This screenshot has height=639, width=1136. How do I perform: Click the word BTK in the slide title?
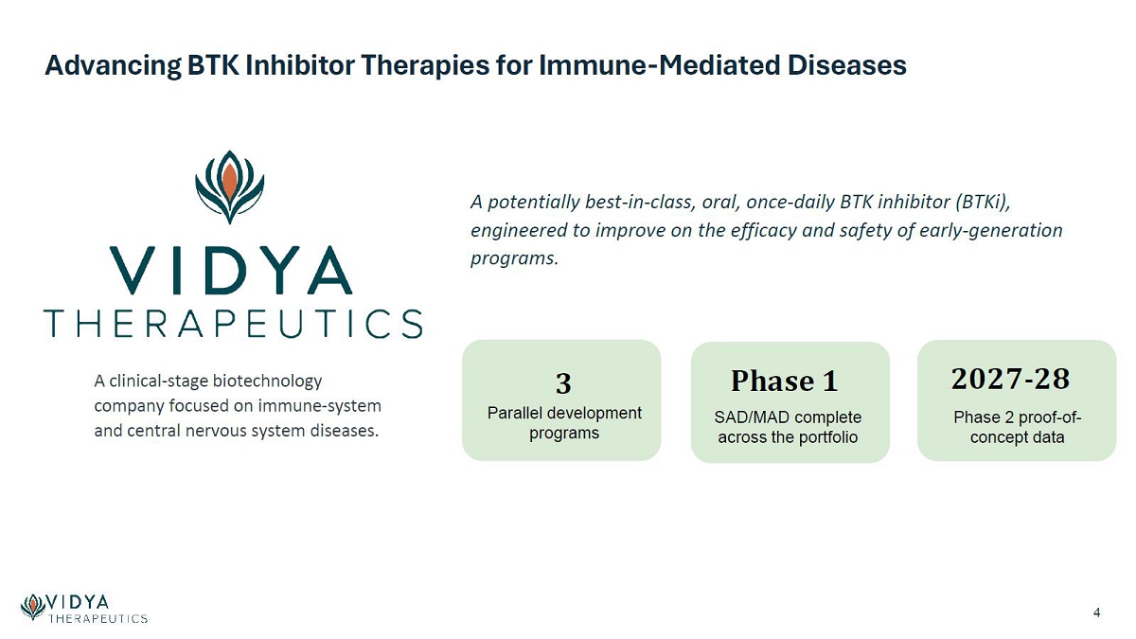213,65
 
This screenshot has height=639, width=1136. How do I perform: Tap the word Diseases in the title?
846,65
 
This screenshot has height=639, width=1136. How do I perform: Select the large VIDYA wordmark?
231,271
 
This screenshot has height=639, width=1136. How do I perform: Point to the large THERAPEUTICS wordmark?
233,324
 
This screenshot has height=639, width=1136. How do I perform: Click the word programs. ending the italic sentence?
514,259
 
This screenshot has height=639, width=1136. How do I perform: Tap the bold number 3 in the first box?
563,383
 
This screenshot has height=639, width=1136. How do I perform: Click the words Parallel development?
564,413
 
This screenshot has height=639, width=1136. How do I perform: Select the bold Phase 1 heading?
785,381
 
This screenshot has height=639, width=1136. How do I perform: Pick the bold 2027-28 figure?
1011,379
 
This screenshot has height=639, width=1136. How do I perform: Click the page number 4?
1096,612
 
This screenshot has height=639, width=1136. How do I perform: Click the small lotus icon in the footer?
33,607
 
